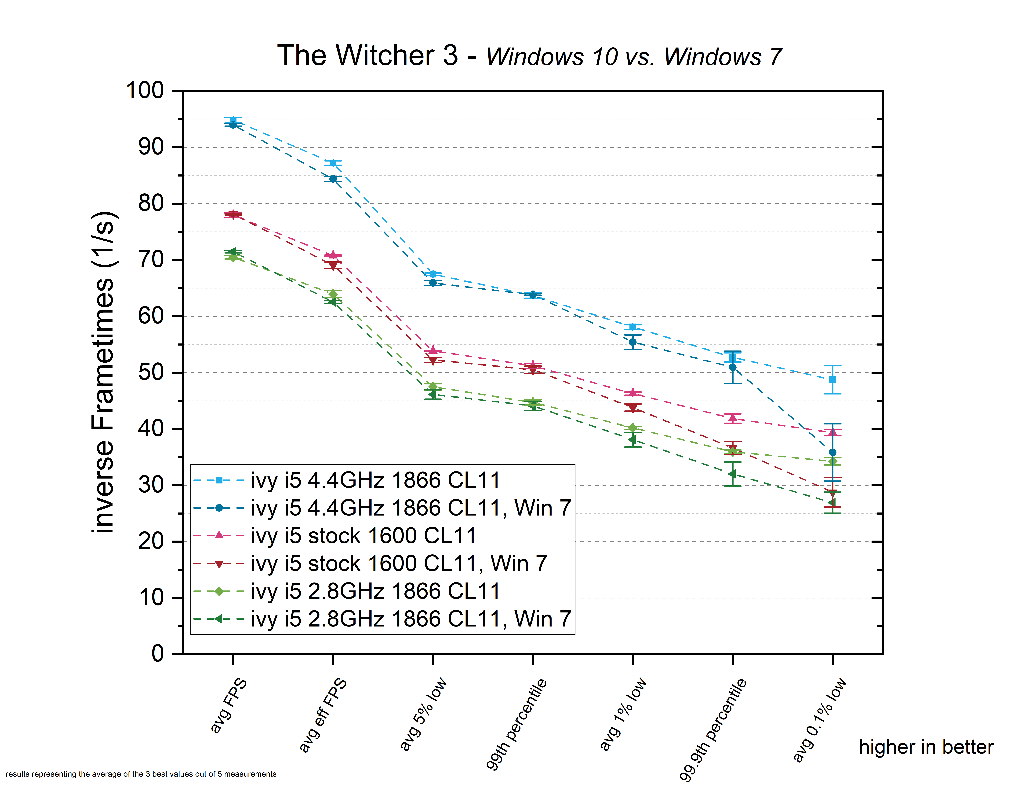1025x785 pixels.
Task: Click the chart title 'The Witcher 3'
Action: click(x=368, y=56)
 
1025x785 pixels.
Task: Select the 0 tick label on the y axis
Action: click(x=158, y=654)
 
